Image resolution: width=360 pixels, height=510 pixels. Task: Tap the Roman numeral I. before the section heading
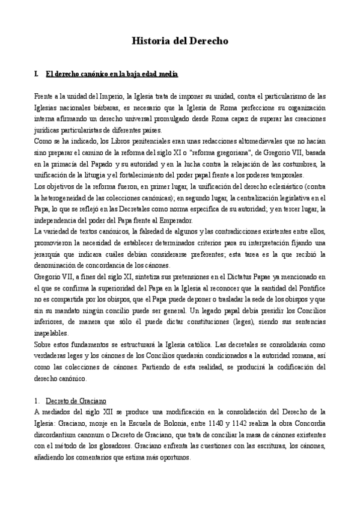click(x=37, y=74)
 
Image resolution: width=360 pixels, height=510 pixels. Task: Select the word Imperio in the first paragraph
click(x=112, y=96)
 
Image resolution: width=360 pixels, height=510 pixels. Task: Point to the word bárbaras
click(x=89, y=107)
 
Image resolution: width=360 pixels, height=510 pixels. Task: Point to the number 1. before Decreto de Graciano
click(x=38, y=400)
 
